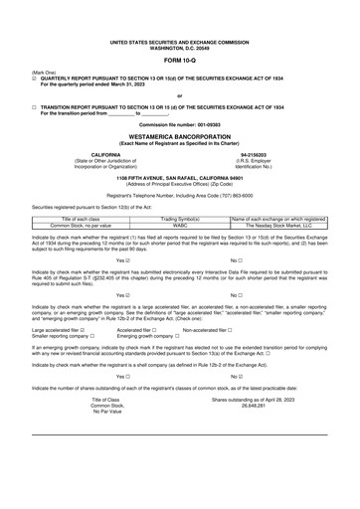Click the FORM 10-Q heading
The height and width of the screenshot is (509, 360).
pyautogui.click(x=179, y=58)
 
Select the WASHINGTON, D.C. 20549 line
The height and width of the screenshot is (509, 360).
pyautogui.click(x=179, y=45)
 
